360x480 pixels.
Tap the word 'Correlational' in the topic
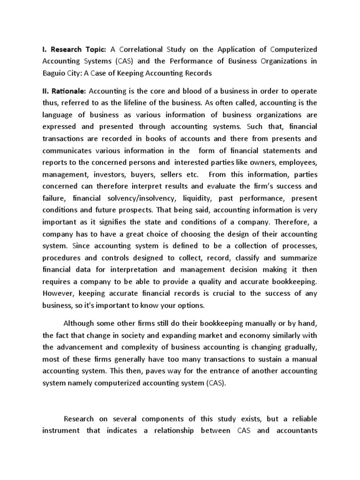point(140,49)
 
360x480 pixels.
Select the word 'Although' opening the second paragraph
point(81,323)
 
